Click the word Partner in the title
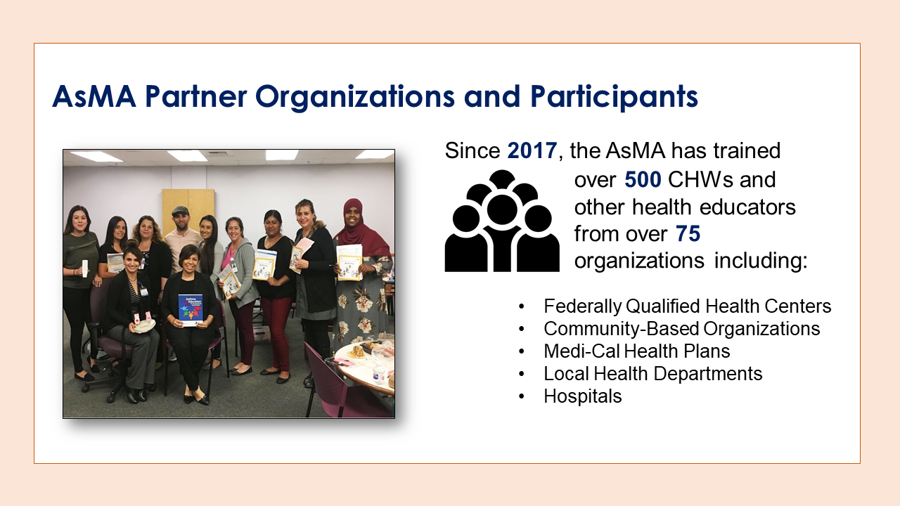tap(195, 96)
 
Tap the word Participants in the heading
tap(614, 98)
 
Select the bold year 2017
tap(532, 150)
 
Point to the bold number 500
tap(643, 179)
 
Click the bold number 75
tap(688, 234)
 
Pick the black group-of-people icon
tap(502, 221)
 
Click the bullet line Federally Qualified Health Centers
tap(687, 306)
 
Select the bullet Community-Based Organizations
tap(681, 329)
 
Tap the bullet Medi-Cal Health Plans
tap(636, 351)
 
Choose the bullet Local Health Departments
tap(653, 374)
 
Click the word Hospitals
tap(583, 396)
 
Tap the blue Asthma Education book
tap(191, 310)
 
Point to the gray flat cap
tap(180, 210)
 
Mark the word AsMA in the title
tap(94, 96)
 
